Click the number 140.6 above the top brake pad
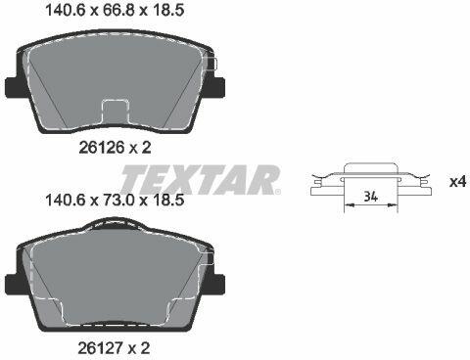[x=66, y=10]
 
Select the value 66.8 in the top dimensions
[x=119, y=10]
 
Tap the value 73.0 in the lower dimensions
[x=119, y=200]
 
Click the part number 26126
[x=102, y=148]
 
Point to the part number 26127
[x=101, y=348]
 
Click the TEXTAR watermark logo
[x=201, y=180]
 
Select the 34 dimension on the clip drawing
[x=371, y=197]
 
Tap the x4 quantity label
[x=457, y=182]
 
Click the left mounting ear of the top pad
[x=12, y=87]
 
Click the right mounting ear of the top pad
[x=218, y=87]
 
